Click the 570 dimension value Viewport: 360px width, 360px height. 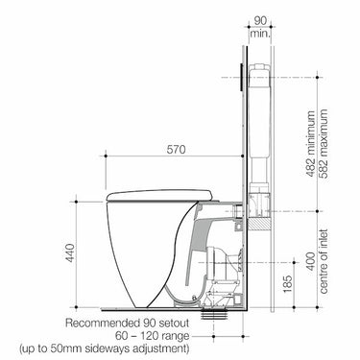coord(176,149)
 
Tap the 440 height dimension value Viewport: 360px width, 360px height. coord(70,253)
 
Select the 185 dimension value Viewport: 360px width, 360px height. coord(288,284)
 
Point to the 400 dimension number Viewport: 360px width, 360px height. coord(310,261)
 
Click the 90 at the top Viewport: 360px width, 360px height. coord(260,21)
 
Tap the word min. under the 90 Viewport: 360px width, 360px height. coord(260,34)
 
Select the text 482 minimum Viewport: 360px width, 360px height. coord(310,144)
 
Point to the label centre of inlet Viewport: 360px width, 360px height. coord(324,261)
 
